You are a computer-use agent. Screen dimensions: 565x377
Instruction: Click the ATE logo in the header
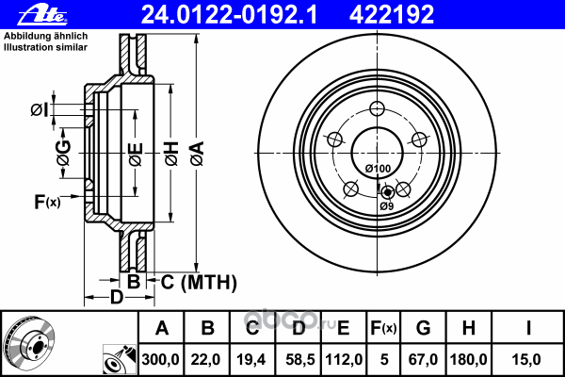click(42, 15)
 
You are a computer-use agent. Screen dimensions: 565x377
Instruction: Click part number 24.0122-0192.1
click(229, 15)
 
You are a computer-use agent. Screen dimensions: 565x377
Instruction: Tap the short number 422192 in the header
click(392, 15)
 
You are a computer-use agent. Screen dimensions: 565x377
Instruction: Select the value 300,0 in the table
click(160, 360)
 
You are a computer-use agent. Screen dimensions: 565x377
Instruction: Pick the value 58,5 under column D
click(300, 360)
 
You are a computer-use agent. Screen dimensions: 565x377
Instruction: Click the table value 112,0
click(344, 360)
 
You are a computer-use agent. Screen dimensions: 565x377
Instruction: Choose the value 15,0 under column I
click(526, 360)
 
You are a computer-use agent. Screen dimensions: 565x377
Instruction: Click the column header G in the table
click(423, 328)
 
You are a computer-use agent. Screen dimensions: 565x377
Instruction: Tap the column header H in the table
click(468, 328)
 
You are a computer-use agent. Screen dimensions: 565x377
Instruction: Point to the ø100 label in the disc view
click(378, 169)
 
